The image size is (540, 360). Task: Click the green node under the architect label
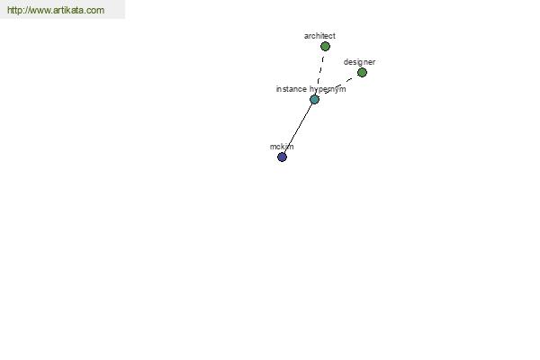(x=325, y=46)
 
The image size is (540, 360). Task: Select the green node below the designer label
(x=362, y=72)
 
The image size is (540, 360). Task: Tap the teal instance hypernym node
(x=314, y=100)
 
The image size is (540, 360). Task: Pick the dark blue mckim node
(x=282, y=157)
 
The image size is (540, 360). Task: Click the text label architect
(x=319, y=36)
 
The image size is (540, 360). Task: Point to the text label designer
(x=359, y=62)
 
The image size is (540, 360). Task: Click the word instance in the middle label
(x=292, y=89)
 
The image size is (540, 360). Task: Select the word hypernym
(x=328, y=89)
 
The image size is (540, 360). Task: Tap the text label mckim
(x=282, y=147)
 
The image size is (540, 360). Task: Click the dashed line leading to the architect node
(x=320, y=69)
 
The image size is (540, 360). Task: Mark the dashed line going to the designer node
(x=339, y=85)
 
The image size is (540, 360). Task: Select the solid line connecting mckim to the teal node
(x=298, y=128)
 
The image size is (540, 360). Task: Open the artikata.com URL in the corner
(x=56, y=10)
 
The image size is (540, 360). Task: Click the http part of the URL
(x=14, y=10)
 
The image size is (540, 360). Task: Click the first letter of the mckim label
(x=273, y=147)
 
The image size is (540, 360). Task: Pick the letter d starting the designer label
(x=346, y=62)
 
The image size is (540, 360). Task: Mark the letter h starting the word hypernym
(x=311, y=89)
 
